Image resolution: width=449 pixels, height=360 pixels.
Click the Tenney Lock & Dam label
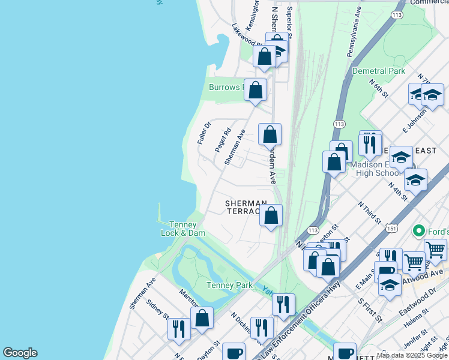point(182,229)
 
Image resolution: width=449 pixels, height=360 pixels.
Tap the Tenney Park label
point(229,285)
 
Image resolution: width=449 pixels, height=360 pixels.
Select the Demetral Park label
point(379,71)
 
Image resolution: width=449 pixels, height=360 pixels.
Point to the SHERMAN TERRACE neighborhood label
point(246,207)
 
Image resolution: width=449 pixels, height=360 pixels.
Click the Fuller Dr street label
point(204,133)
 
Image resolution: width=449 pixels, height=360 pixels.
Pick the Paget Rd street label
point(222,140)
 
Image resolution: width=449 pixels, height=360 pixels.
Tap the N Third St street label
point(369,212)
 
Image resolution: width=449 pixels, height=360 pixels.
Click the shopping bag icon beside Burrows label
point(256,91)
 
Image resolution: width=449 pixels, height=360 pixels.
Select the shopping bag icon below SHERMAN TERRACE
point(271,215)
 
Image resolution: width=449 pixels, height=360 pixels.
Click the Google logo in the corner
point(20,353)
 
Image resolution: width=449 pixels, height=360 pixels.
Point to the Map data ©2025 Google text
point(412,355)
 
